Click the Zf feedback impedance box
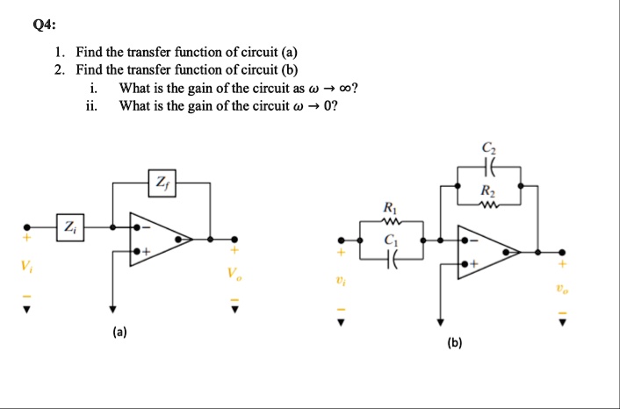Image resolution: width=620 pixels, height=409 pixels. click(161, 183)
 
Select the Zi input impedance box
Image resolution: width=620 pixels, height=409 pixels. click(68, 226)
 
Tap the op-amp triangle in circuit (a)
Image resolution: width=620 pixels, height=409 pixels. click(159, 238)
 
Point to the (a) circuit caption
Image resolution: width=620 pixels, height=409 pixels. click(119, 333)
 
